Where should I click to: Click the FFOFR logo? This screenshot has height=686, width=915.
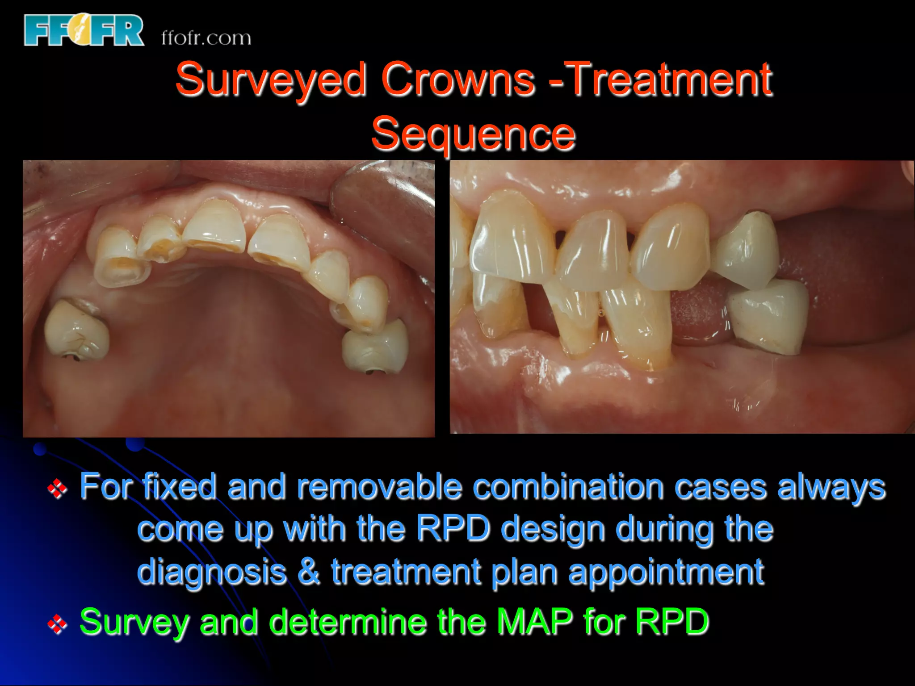[84, 30]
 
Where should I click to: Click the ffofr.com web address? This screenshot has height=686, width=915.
[206, 38]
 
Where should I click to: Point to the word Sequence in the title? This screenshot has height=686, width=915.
[473, 134]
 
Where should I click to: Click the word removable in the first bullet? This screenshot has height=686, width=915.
[379, 487]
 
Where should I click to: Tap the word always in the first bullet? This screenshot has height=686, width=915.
[831, 488]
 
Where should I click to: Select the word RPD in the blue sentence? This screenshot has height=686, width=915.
[453, 529]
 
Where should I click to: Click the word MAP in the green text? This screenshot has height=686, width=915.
[535, 621]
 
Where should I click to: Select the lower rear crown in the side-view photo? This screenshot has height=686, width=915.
[768, 315]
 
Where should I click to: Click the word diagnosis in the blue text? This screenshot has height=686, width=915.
[211, 572]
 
